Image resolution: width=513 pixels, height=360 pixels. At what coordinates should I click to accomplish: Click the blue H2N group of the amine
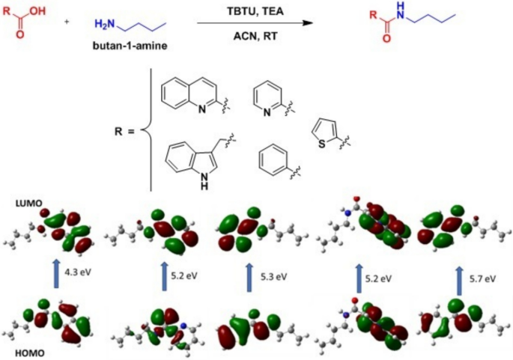tap(106, 25)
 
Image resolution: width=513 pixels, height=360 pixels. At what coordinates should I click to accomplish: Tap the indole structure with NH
tap(191, 153)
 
